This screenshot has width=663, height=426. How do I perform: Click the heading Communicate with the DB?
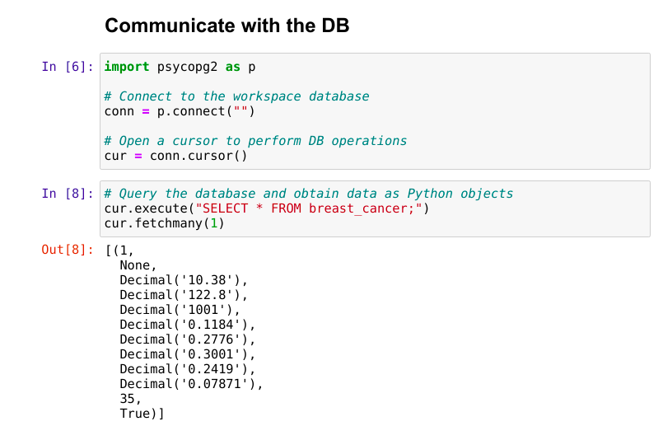227,26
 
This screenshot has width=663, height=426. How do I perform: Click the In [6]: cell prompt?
68,67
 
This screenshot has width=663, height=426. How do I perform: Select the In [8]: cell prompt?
68,194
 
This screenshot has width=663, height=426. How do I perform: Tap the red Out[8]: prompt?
68,250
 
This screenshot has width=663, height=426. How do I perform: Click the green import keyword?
127,67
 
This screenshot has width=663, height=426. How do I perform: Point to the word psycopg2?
187,67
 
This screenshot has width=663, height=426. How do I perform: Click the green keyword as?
232,67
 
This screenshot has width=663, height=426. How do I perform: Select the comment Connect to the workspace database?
237,96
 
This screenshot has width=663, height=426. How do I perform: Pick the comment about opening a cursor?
255,141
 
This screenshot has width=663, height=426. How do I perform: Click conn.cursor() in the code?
198,156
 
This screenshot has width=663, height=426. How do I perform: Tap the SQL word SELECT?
226,208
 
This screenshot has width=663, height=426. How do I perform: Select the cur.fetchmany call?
165,223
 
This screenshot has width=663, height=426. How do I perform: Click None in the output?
135,265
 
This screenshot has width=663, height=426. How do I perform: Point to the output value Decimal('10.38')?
180,280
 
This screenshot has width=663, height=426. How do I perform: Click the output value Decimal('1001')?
176,310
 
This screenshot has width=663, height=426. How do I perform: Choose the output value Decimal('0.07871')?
188,384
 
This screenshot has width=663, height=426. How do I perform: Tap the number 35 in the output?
128,399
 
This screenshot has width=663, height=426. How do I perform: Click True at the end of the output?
134,414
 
